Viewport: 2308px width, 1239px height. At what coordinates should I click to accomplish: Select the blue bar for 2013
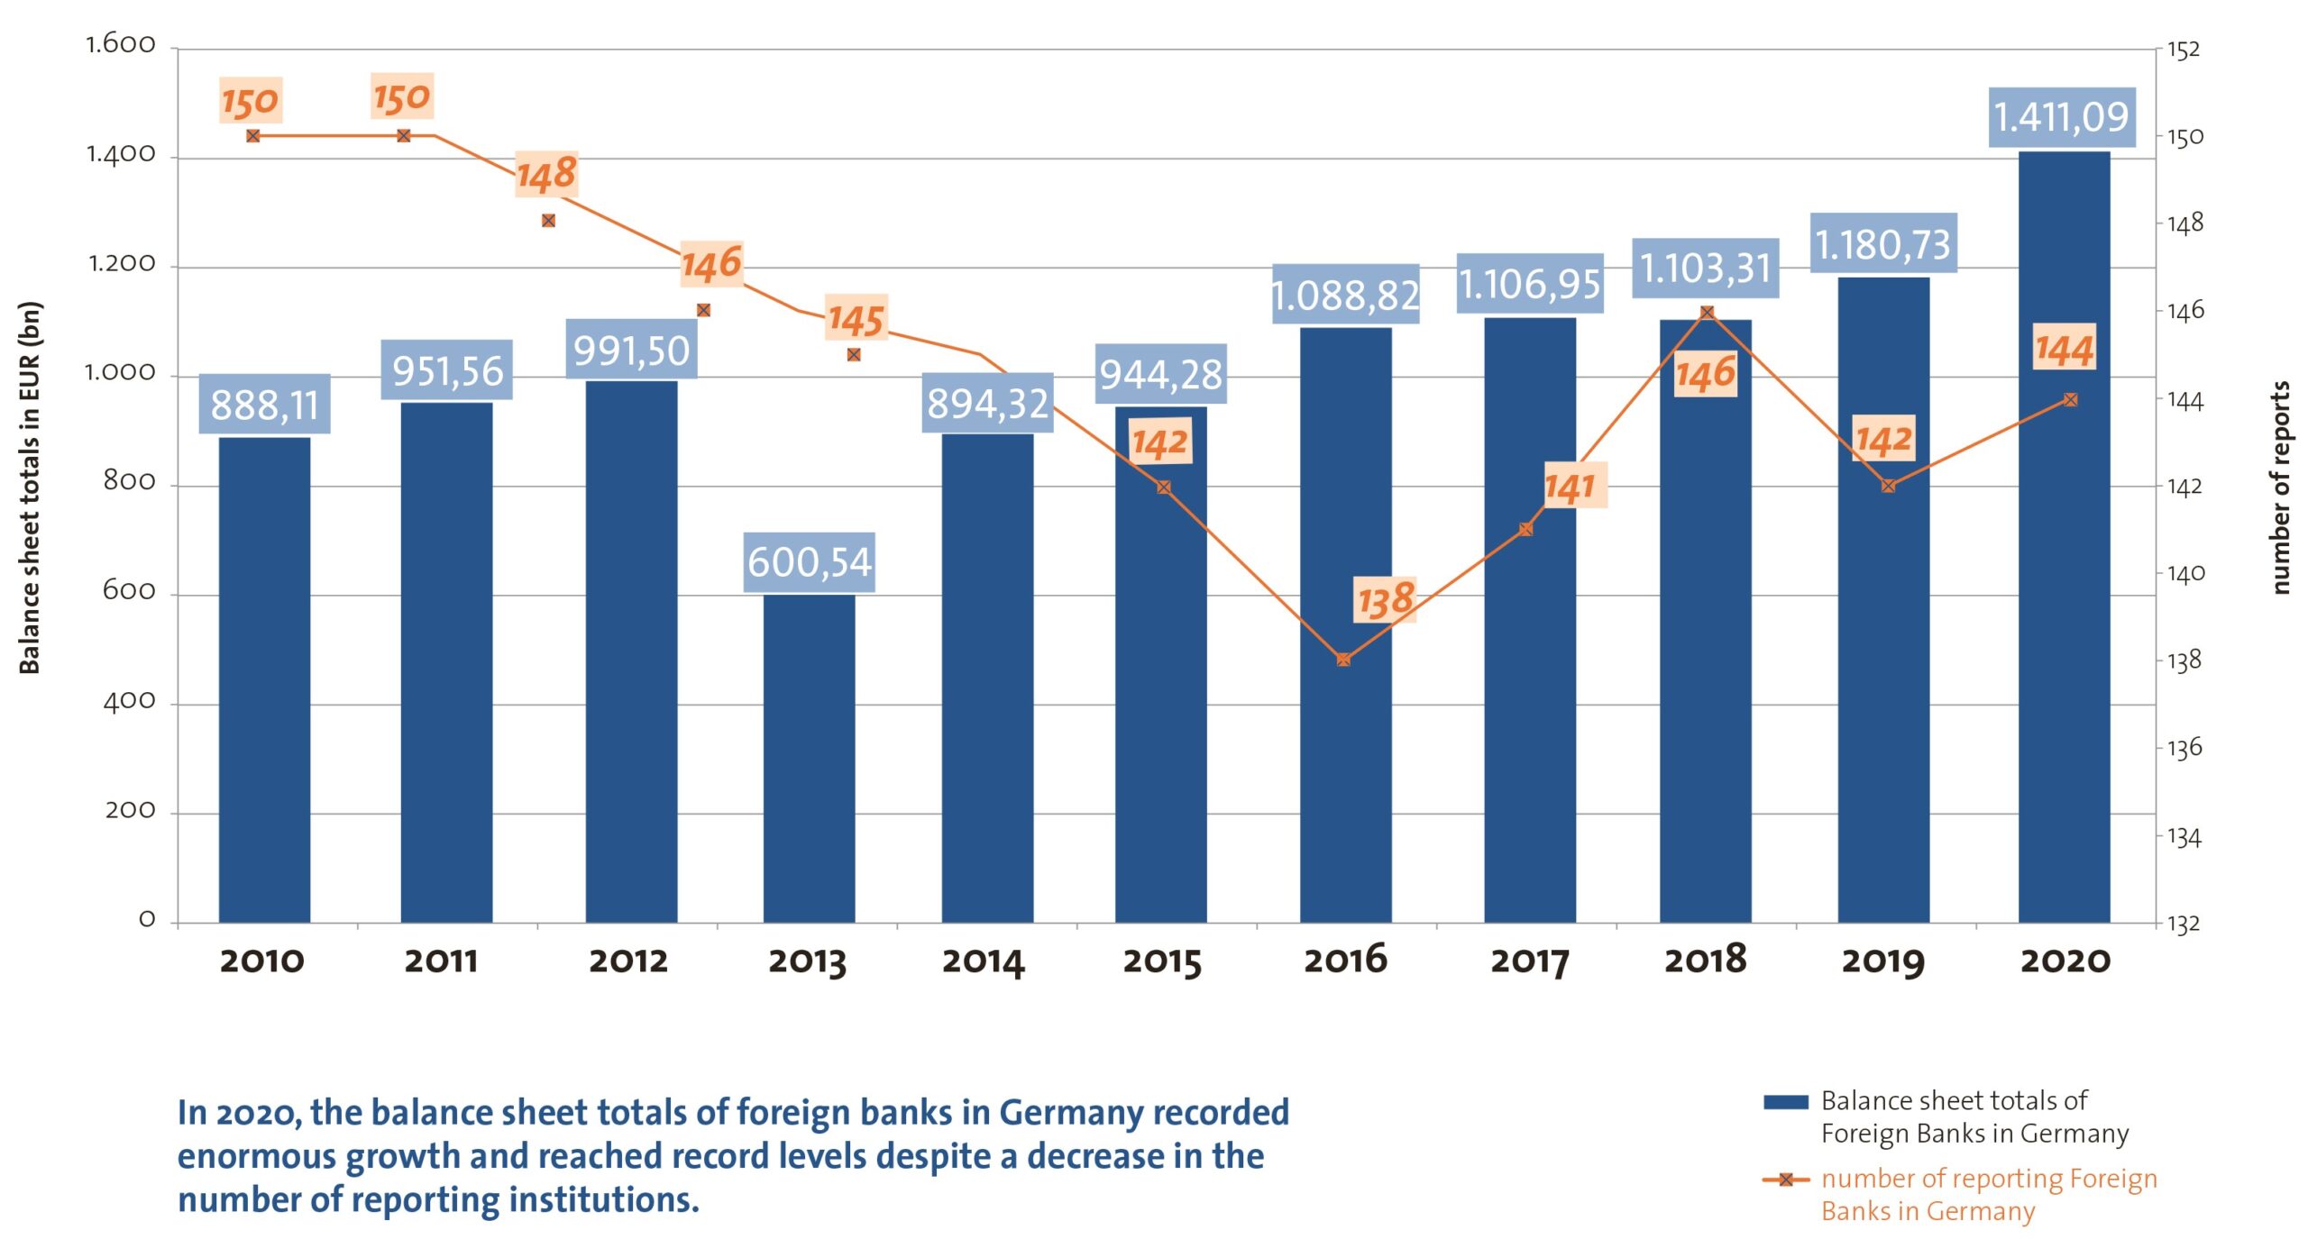pyautogui.click(x=809, y=757)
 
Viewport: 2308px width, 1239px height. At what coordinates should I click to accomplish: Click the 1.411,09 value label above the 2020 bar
pyautogui.click(x=2061, y=117)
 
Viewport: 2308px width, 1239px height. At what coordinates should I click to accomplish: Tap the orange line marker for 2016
pyautogui.click(x=1343, y=660)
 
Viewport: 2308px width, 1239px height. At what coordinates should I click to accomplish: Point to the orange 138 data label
pyautogui.click(x=1386, y=600)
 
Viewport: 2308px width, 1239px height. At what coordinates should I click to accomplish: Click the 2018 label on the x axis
pyautogui.click(x=1705, y=960)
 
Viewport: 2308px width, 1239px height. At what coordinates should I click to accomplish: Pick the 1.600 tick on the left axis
pyautogui.click(x=121, y=44)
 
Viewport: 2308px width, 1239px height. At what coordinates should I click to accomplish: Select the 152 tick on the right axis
pyautogui.click(x=2184, y=50)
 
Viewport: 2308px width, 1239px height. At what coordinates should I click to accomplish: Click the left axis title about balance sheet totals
pyautogui.click(x=30, y=487)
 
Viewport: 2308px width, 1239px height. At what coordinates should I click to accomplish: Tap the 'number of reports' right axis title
pyautogui.click(x=2279, y=487)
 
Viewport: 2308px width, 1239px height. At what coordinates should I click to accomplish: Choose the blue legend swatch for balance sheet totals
pyautogui.click(x=1785, y=1102)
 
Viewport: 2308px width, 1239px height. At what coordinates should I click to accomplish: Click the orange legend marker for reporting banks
pyautogui.click(x=1785, y=1180)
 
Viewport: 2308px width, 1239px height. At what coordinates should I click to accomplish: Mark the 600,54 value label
pyautogui.click(x=809, y=562)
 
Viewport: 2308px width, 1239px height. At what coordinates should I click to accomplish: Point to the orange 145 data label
pyautogui.click(x=856, y=319)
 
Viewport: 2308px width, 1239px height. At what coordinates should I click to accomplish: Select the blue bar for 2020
pyautogui.click(x=2064, y=541)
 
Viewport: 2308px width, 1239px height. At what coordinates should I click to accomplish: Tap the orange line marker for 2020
pyautogui.click(x=2070, y=399)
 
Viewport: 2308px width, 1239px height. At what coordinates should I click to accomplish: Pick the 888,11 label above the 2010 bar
pyautogui.click(x=264, y=405)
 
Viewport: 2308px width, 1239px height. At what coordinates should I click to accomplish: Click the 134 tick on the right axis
pyautogui.click(x=2184, y=838)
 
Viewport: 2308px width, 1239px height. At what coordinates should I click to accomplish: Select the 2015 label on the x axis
pyautogui.click(x=1162, y=961)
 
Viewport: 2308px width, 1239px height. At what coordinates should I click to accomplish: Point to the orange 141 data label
pyautogui.click(x=1571, y=487)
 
